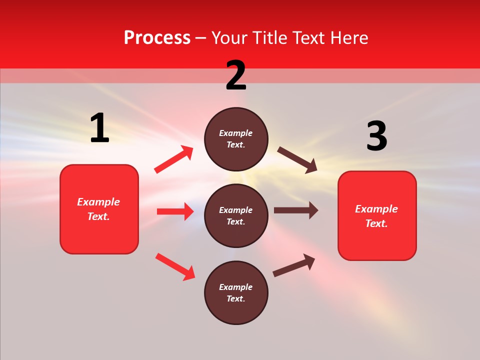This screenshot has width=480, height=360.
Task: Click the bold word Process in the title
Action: click(157, 38)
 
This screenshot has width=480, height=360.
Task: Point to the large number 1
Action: click(99, 128)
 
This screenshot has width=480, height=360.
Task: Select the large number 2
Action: click(236, 75)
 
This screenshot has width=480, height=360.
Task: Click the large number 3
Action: click(376, 136)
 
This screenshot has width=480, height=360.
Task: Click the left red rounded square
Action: click(99, 209)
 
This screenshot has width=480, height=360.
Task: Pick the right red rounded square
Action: click(377, 216)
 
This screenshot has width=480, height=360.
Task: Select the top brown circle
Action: click(236, 139)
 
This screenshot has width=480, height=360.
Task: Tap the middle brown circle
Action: click(236, 215)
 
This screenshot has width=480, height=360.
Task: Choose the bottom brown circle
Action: click(236, 292)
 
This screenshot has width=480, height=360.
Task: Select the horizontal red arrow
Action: click(175, 211)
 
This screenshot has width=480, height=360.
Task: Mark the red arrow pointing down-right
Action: click(175, 266)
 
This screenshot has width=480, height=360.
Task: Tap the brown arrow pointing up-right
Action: click(294, 265)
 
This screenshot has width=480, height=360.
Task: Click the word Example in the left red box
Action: click(98, 202)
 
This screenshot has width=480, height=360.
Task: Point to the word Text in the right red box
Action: click(375, 223)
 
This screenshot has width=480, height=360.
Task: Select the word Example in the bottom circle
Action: click(236, 287)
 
